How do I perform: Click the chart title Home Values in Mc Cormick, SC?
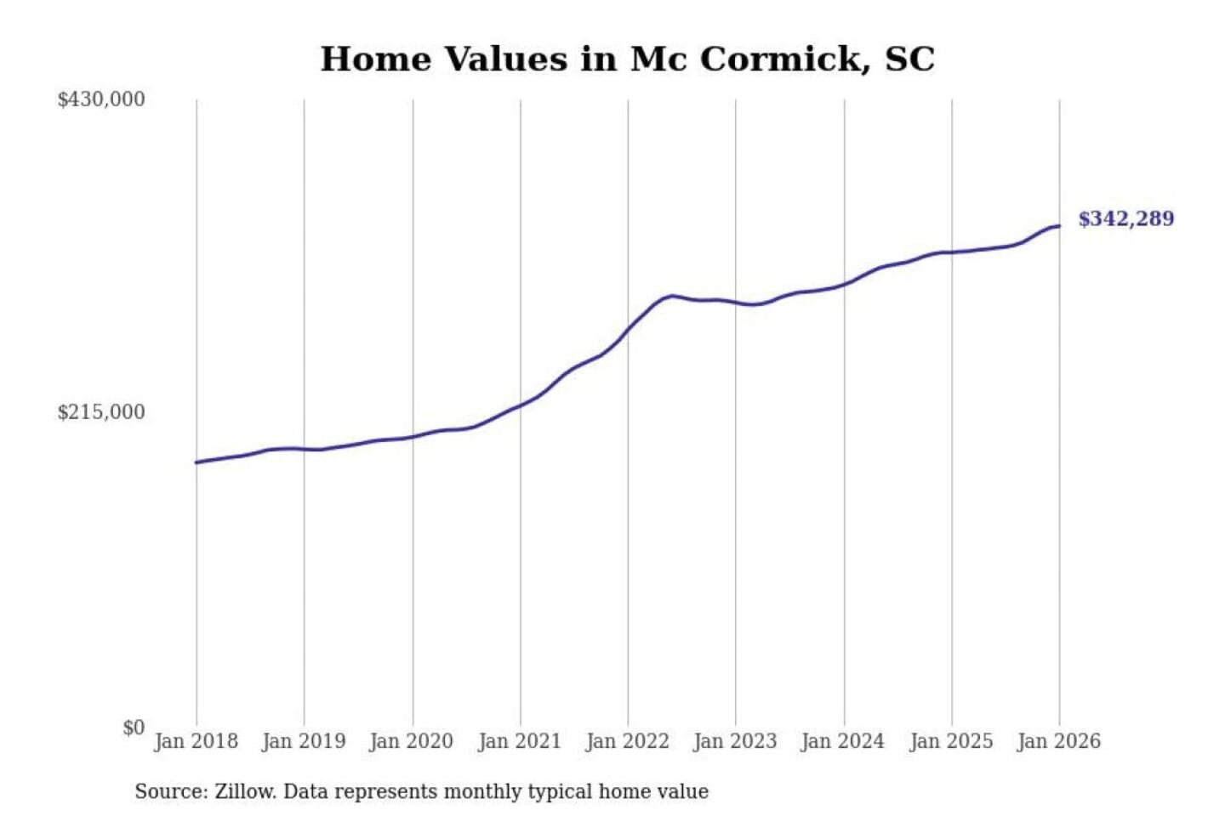click(627, 59)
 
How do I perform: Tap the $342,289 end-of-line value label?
click(1125, 219)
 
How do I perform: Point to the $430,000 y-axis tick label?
click(101, 99)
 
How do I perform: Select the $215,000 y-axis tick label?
click(101, 412)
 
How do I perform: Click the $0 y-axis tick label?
click(134, 728)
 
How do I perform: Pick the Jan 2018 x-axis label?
click(197, 741)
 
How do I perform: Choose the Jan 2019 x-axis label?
click(304, 741)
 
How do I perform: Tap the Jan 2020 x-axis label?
click(412, 741)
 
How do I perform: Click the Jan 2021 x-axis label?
click(520, 741)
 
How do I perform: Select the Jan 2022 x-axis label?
click(628, 741)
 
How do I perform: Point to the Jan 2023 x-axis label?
click(735, 741)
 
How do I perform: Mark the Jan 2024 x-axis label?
click(843, 741)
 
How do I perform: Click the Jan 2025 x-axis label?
click(951, 741)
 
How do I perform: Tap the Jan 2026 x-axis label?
click(1059, 741)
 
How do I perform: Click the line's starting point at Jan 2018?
click(197, 462)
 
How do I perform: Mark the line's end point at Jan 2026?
click(1059, 226)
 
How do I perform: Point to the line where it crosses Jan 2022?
click(629, 328)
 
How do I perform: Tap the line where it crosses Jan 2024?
click(845, 284)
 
